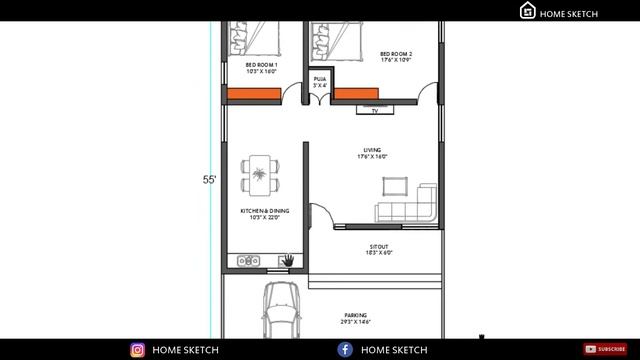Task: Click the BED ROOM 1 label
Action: click(x=261, y=68)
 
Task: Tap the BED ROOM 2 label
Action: click(x=396, y=56)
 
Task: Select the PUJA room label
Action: click(x=320, y=81)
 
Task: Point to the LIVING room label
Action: click(x=372, y=153)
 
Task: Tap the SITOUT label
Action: click(x=379, y=249)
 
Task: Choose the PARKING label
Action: click(x=355, y=317)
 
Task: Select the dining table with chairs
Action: click(x=261, y=176)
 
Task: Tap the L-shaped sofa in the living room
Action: click(x=409, y=205)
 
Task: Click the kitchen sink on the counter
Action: click(x=248, y=262)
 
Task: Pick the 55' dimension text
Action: click(x=210, y=180)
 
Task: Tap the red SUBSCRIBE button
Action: click(x=605, y=349)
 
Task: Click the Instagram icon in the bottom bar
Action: click(x=138, y=350)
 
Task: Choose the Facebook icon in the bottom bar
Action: click(x=345, y=350)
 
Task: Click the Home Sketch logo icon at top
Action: click(x=528, y=11)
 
